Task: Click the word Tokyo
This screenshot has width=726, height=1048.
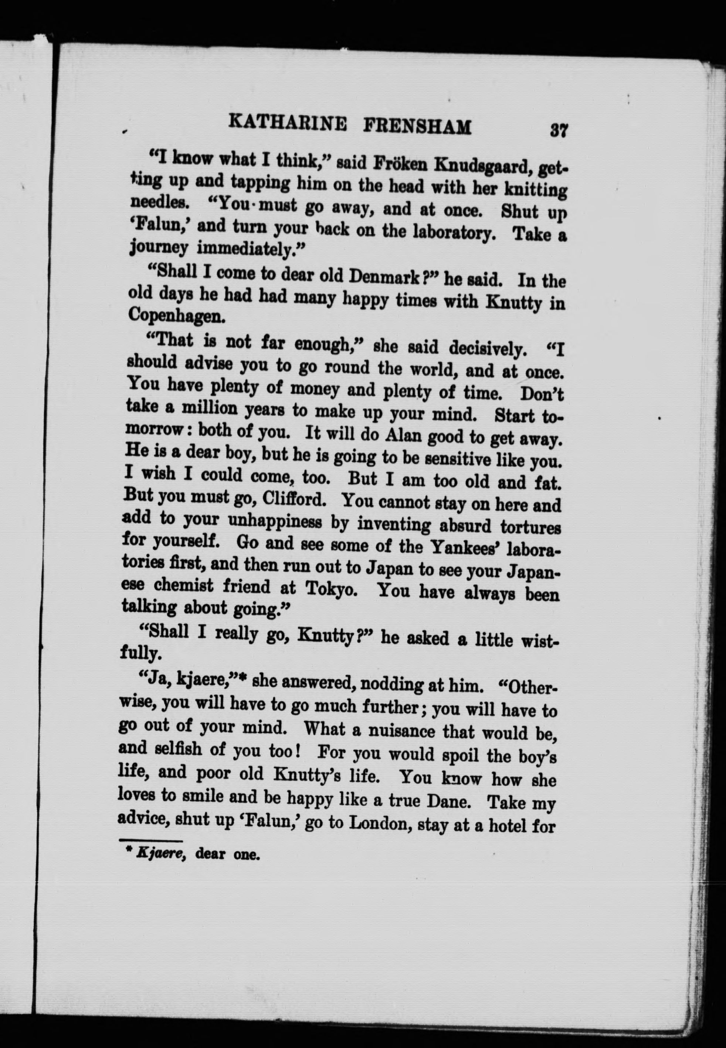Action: [x=333, y=589]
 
